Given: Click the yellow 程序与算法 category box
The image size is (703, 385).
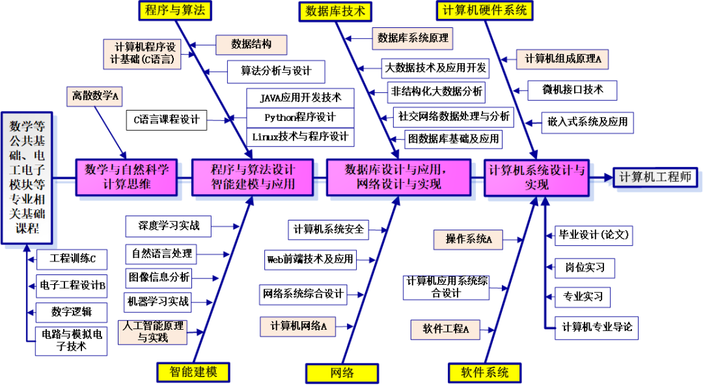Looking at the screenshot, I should tap(175, 10).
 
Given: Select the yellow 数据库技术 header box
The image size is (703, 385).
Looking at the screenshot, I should tap(335, 11).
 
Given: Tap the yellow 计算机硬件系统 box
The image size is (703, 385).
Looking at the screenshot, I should tap(484, 10).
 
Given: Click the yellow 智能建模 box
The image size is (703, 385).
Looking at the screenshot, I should tap(193, 372).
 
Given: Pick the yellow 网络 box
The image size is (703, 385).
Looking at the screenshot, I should tap(342, 373).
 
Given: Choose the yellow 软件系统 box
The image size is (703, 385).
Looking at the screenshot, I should tap(485, 373).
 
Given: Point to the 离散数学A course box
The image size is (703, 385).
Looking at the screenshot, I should tap(95, 96).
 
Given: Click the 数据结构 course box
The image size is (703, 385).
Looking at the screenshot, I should tap(251, 44).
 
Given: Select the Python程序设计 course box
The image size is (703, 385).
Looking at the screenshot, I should tap(300, 118).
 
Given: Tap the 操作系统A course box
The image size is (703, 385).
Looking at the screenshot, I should tap(469, 239).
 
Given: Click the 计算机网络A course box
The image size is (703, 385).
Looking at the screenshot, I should tap(299, 326).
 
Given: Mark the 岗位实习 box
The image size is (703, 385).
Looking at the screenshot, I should tap(585, 267).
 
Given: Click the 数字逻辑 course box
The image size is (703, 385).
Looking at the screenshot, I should tap(71, 312).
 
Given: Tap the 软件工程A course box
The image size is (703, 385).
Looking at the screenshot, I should tap(445, 329).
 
